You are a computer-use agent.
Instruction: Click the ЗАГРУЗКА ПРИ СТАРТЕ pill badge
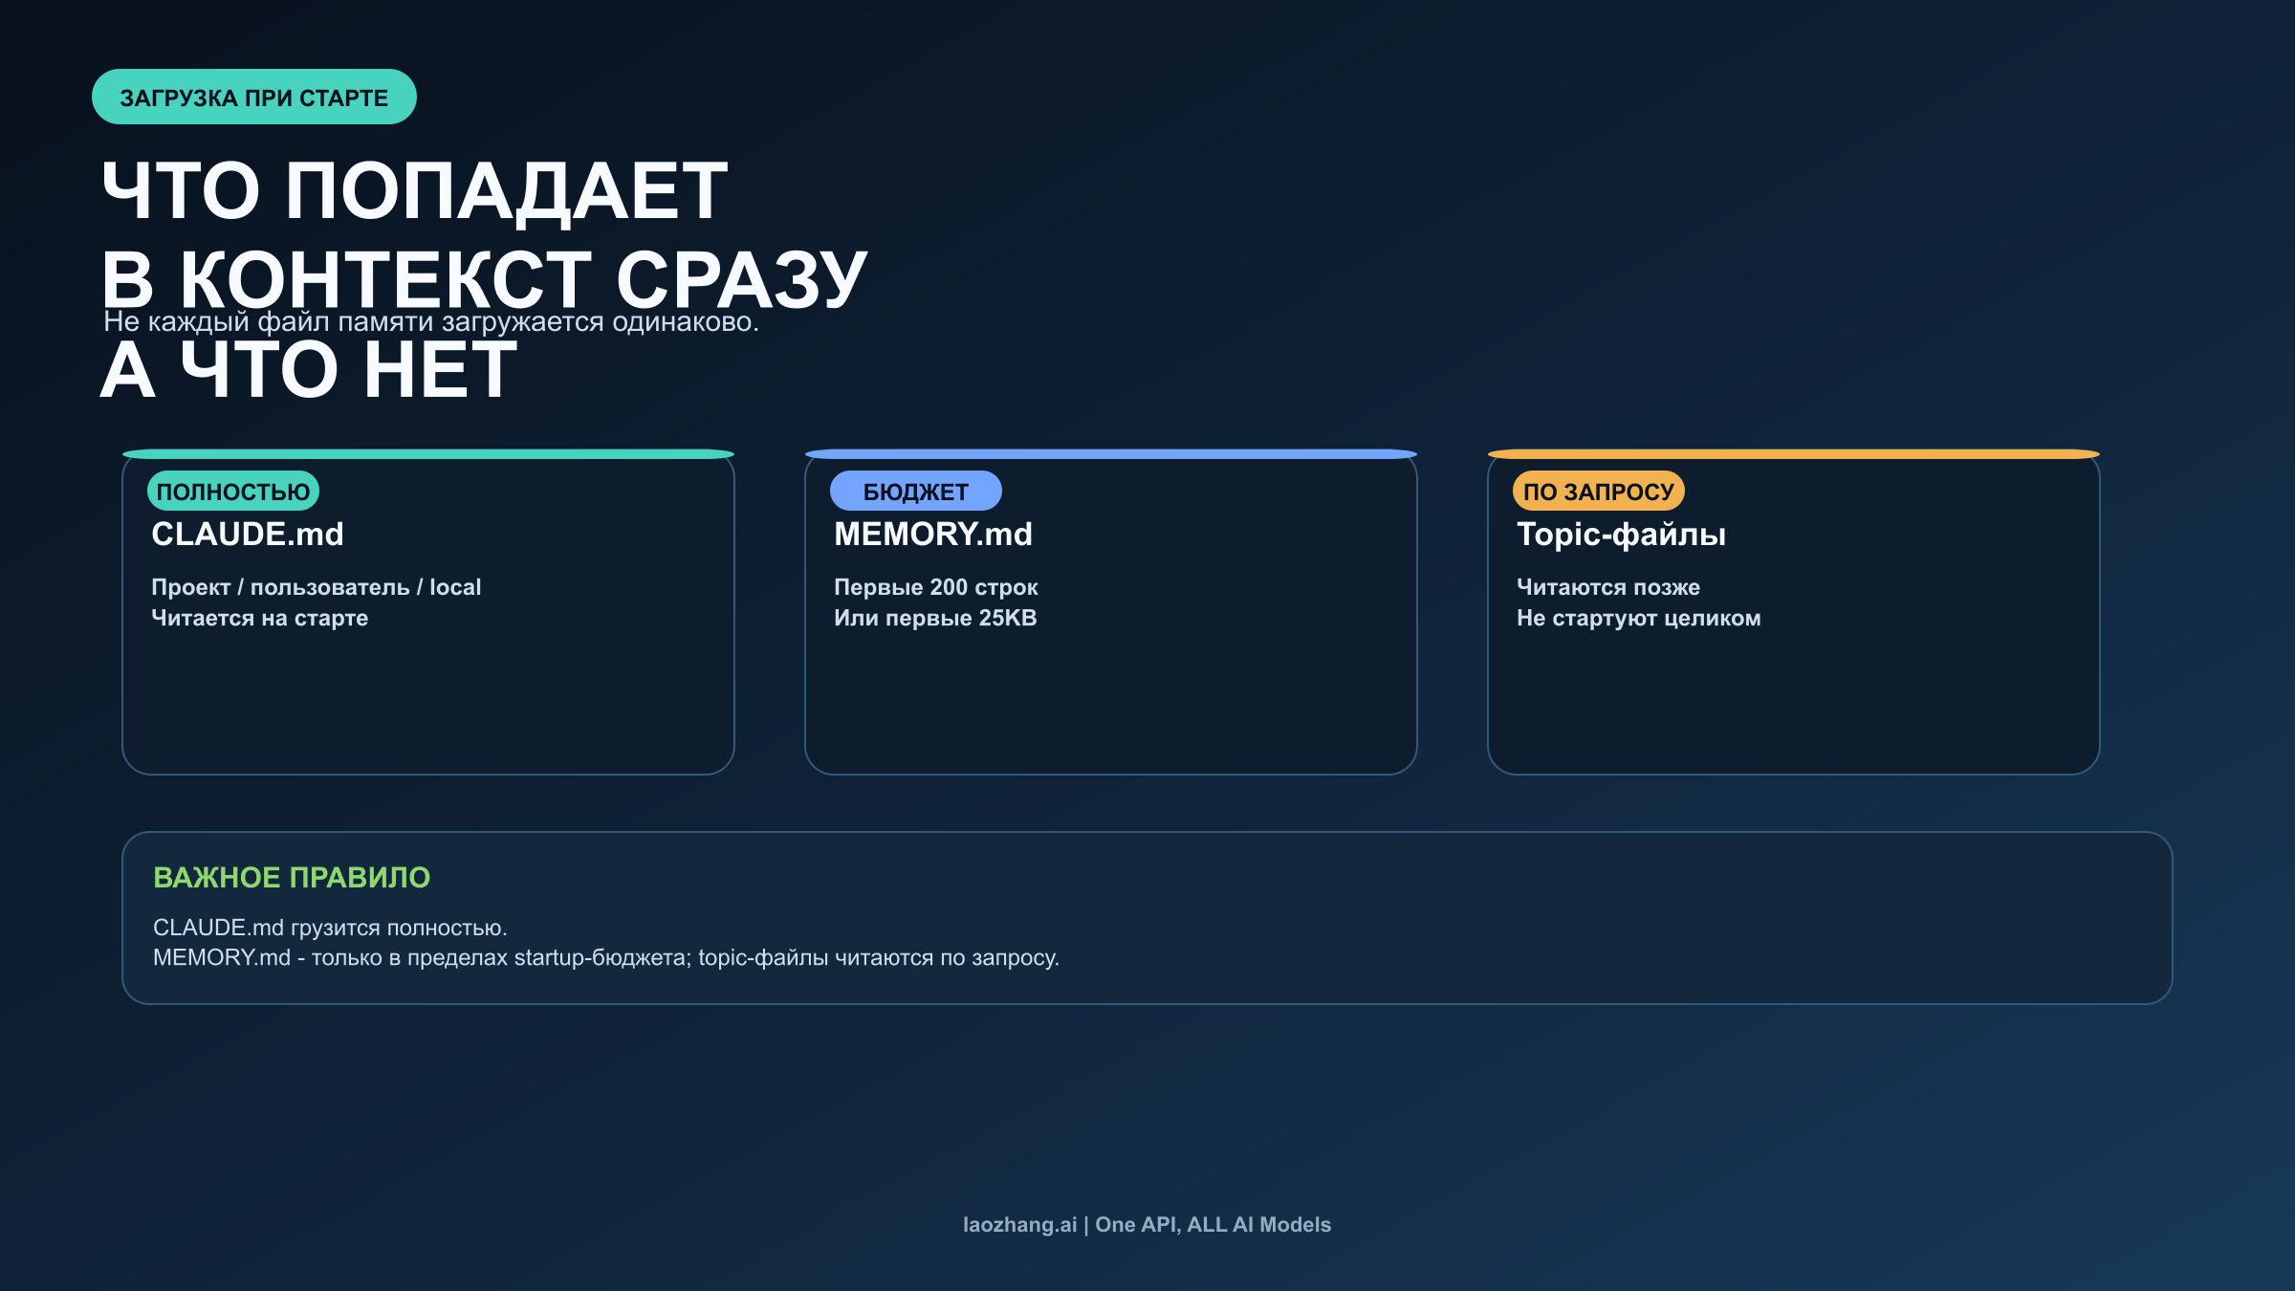pos(253,97)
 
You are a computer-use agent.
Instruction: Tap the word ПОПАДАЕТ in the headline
pos(507,191)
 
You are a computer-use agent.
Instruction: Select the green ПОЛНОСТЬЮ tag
pos(233,492)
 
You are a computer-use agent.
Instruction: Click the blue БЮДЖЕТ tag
pos(915,492)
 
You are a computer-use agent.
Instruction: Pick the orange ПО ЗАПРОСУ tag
pos(1598,492)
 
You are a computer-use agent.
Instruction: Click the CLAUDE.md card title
pos(248,534)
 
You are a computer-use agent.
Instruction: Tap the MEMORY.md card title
pos(932,534)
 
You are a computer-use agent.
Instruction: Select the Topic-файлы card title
pos(1621,534)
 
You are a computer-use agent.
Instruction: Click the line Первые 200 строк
pos(935,587)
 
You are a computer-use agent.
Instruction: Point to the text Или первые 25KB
pos(935,618)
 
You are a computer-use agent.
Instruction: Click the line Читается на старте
pos(259,618)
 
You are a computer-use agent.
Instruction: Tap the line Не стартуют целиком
pos(1638,618)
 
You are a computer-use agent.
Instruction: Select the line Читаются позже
pos(1607,587)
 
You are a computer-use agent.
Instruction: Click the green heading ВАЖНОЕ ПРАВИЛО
pos(292,877)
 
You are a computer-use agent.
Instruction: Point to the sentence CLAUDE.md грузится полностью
pos(330,928)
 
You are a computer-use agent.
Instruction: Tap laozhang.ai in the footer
pos(1019,1224)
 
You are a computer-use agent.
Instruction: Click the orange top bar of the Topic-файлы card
pos(1793,453)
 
